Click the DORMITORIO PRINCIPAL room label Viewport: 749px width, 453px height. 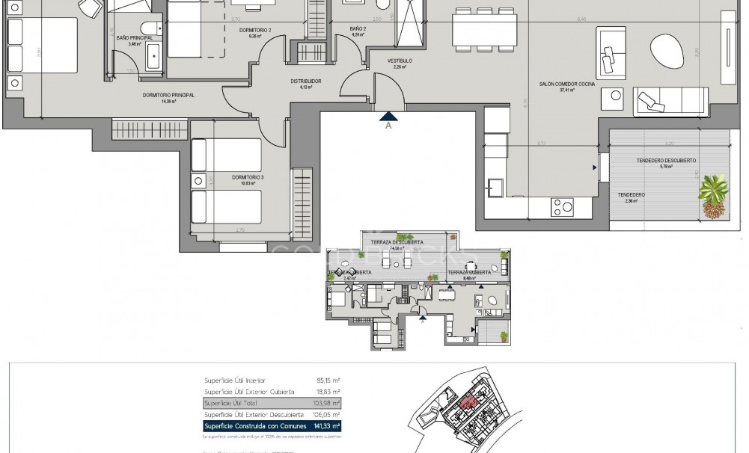coord(168,96)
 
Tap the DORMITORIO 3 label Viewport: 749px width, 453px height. coord(248,178)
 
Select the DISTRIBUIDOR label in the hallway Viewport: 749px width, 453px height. coord(306,81)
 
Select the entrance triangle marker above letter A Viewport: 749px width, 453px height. coord(388,115)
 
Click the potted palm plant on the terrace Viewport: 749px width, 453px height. coord(715,197)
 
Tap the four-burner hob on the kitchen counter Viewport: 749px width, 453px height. coord(562,205)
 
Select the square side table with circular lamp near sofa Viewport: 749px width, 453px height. coord(617,96)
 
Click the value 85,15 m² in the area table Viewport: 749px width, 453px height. coord(326,380)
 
